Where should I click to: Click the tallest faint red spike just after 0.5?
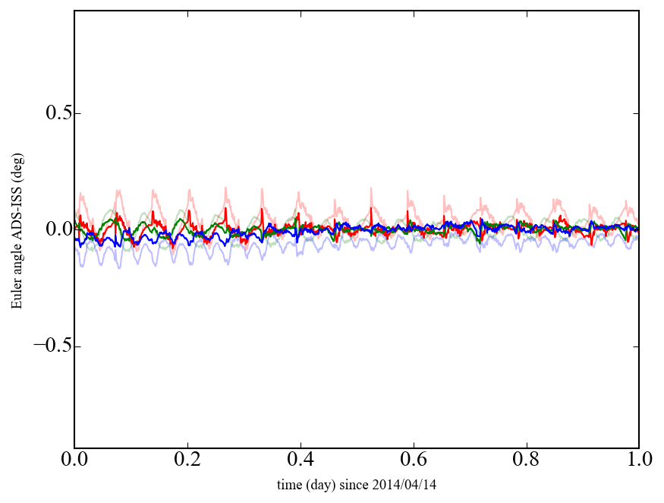point(371,188)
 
